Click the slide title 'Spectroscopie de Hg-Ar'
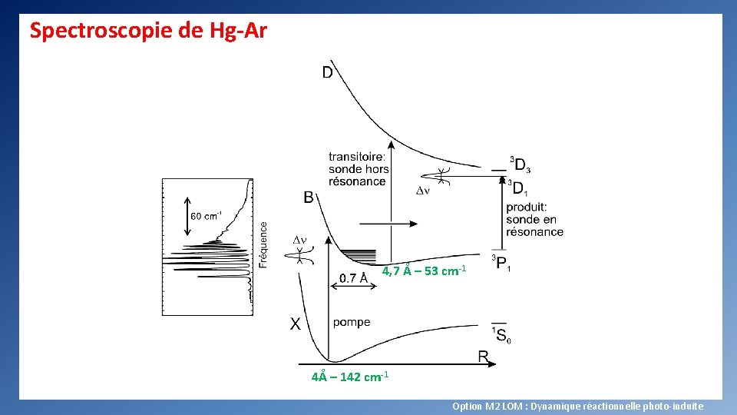click(x=148, y=31)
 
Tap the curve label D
click(x=327, y=73)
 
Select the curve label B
click(x=308, y=198)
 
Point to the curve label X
click(x=295, y=324)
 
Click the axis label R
click(x=484, y=357)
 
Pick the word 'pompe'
click(x=352, y=322)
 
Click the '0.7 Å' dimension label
click(x=353, y=278)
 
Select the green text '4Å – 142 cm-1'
click(x=350, y=377)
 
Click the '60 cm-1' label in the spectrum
click(x=206, y=216)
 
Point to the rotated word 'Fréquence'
click(x=263, y=244)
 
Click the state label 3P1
click(x=501, y=264)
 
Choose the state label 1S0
click(x=501, y=334)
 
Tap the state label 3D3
click(x=520, y=164)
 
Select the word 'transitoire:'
click(x=357, y=157)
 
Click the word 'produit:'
click(x=526, y=207)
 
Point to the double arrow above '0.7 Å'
click(x=353, y=285)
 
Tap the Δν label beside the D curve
click(x=422, y=190)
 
